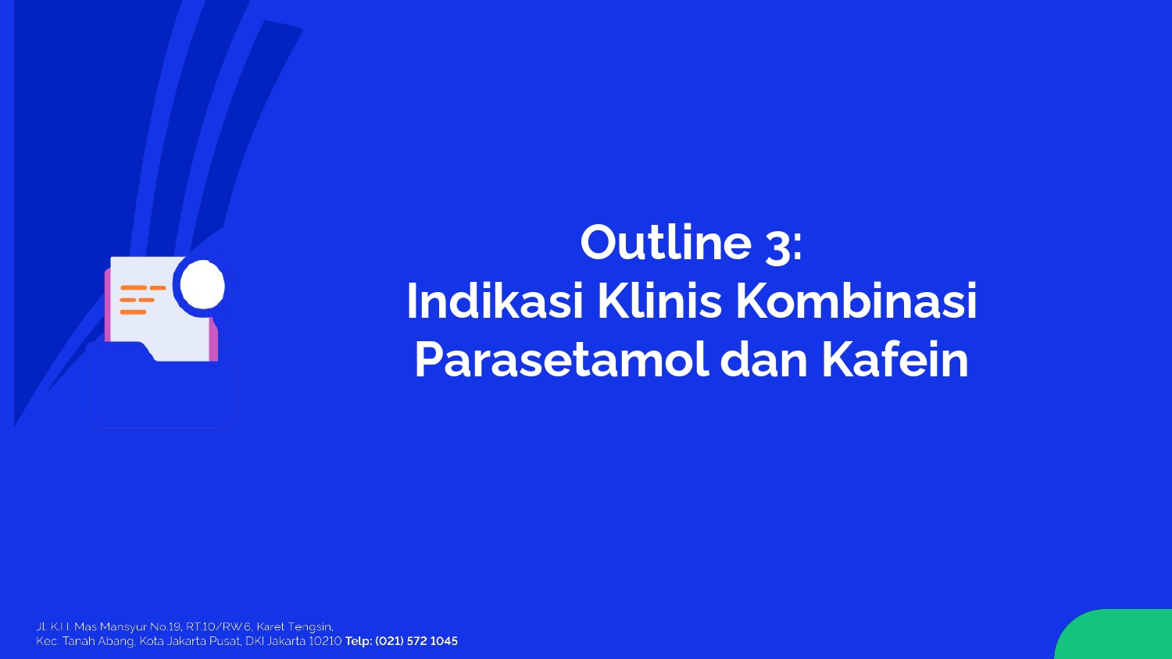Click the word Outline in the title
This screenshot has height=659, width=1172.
pos(666,242)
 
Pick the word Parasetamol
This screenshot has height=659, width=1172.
pos(562,361)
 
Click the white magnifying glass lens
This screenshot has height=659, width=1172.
pos(202,286)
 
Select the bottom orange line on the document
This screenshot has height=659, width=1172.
pos(133,312)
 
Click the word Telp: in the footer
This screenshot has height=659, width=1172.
pos(359,642)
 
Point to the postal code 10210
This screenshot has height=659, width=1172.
pos(325,641)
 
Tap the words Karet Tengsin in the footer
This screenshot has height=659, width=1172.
pos(295,627)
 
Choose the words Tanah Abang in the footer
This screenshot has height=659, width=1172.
pos(98,642)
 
